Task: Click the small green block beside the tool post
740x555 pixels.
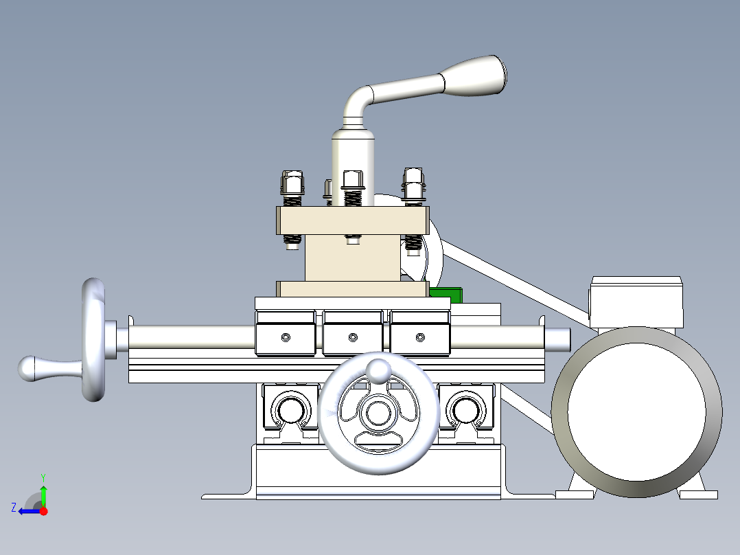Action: coord(446,293)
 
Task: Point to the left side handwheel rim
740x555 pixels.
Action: coord(94,339)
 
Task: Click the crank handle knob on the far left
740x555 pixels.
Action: coord(31,368)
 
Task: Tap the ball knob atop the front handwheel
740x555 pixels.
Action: coord(378,370)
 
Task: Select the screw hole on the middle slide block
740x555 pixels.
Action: coord(353,337)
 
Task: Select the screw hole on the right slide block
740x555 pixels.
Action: coord(420,337)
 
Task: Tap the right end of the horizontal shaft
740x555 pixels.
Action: coord(559,337)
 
